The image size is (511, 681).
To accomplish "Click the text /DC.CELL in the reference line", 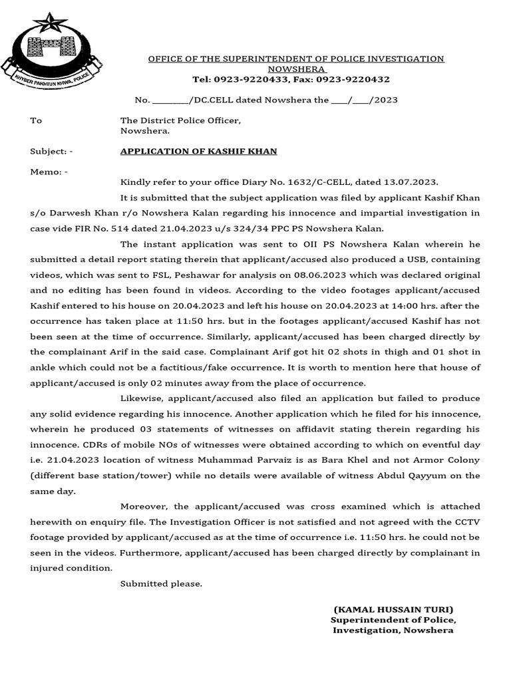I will (x=210, y=100).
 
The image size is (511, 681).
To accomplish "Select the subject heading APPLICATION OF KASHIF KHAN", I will (x=198, y=151).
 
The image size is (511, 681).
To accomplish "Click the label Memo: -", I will (x=49, y=172).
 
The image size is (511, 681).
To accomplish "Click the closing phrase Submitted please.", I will (x=161, y=583).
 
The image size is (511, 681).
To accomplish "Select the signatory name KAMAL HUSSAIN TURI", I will (x=393, y=609).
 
